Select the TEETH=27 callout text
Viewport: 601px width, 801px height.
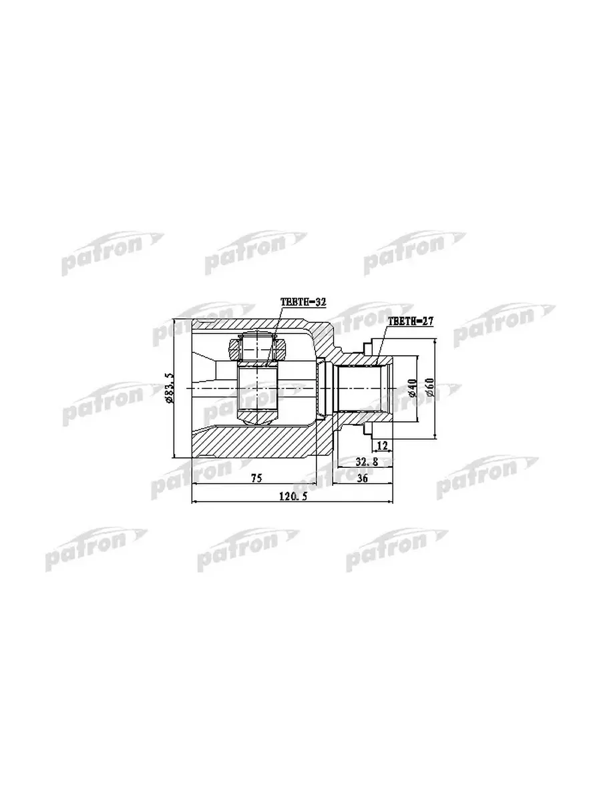[410, 321]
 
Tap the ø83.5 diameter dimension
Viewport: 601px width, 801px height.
[168, 388]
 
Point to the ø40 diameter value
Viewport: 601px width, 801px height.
[412, 388]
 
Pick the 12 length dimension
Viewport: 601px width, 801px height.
[382, 445]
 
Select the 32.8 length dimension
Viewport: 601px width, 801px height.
[367, 462]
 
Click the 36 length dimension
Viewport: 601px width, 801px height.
[362, 479]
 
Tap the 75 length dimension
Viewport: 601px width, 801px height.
[256, 479]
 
